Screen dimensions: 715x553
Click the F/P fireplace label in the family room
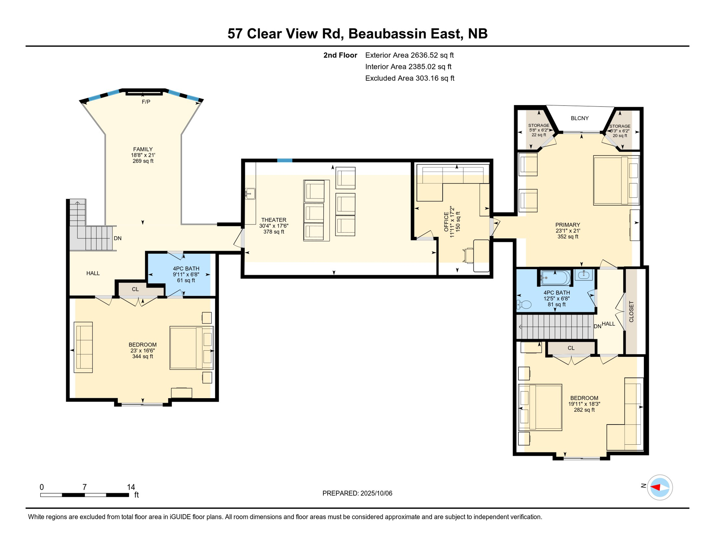tap(146, 102)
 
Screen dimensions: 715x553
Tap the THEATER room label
tap(274, 220)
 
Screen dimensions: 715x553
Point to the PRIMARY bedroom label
tap(568, 225)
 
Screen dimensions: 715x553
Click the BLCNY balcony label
tap(580, 118)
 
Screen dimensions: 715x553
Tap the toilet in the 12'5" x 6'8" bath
tap(524, 305)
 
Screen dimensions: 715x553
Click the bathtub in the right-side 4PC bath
tap(555, 278)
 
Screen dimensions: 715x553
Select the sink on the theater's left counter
tap(250, 194)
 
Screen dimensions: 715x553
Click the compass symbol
tap(660, 487)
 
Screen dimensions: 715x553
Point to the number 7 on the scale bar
tap(85, 487)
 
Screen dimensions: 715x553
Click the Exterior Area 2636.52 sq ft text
tap(409, 55)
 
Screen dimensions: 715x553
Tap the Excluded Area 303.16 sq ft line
tap(410, 78)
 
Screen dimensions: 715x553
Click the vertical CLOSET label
tap(631, 312)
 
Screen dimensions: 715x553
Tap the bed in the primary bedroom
tap(616, 180)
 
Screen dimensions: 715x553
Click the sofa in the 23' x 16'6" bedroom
tap(83, 347)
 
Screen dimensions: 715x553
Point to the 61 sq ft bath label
tap(186, 280)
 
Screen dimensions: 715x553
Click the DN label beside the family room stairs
tap(118, 238)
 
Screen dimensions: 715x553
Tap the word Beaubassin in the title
tap(387, 33)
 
